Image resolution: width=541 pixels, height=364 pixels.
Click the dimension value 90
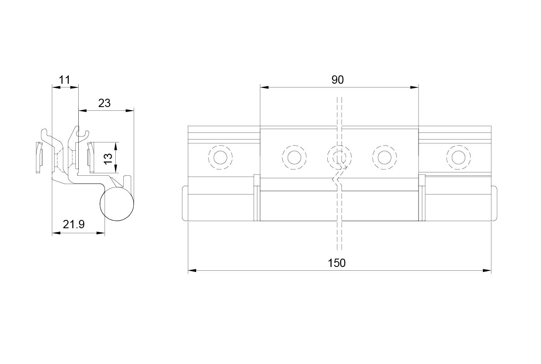tap(337, 80)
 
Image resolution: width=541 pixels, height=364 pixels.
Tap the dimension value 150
tap(337, 263)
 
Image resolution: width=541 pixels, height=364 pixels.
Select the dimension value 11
tap(65, 80)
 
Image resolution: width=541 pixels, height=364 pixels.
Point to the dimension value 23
tap(105, 103)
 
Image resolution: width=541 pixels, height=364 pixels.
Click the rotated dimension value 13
tap(108, 158)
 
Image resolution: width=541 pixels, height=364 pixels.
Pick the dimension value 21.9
tap(74, 224)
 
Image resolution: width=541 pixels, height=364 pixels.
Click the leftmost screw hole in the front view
tap(220, 157)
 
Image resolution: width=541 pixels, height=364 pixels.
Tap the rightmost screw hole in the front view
tap(458, 157)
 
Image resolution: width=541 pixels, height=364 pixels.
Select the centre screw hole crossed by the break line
tap(339, 157)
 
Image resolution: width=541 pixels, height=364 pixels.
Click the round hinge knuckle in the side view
tap(117, 204)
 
